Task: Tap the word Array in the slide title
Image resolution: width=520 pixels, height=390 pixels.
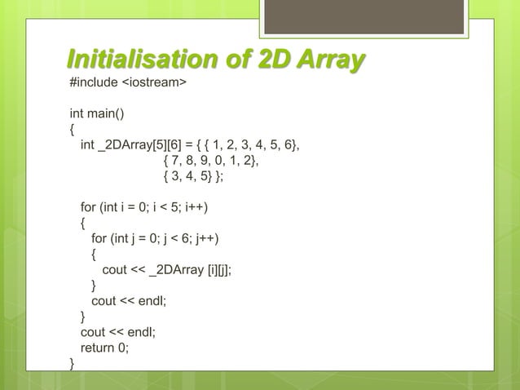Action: tap(324, 60)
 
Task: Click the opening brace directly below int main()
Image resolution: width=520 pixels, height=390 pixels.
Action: tap(73, 130)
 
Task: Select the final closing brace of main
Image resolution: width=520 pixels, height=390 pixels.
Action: tap(73, 363)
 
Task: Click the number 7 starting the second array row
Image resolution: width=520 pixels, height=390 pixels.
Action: tap(174, 161)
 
